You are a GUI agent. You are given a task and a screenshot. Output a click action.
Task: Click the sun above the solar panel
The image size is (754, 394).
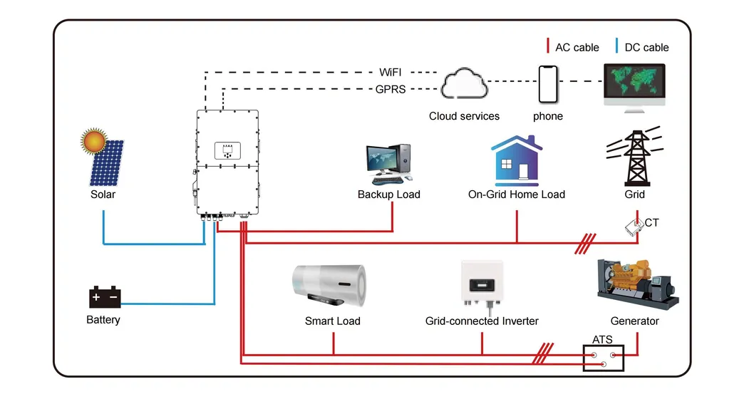coord(93,141)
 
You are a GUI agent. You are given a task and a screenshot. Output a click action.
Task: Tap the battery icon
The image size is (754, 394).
coord(104,297)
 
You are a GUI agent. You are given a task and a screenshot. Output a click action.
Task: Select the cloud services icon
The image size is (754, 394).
coord(463,85)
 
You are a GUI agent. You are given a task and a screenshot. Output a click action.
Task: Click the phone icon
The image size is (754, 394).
coord(547,85)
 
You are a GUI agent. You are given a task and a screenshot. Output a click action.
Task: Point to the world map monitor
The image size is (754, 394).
coord(634,85)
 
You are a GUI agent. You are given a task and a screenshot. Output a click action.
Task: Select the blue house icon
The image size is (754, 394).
coord(517,160)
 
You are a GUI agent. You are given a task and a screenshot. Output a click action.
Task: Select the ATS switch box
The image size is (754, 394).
coord(603,358)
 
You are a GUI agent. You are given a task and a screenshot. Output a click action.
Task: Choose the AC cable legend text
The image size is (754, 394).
coord(577,47)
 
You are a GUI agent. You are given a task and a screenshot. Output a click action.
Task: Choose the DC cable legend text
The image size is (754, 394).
coord(646,47)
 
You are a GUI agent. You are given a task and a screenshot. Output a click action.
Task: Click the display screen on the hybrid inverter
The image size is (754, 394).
coord(227,151)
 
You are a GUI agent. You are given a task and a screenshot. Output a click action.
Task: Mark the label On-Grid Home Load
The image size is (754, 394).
coord(516,195)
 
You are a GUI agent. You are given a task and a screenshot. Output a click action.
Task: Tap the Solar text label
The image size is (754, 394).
coord(103,195)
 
